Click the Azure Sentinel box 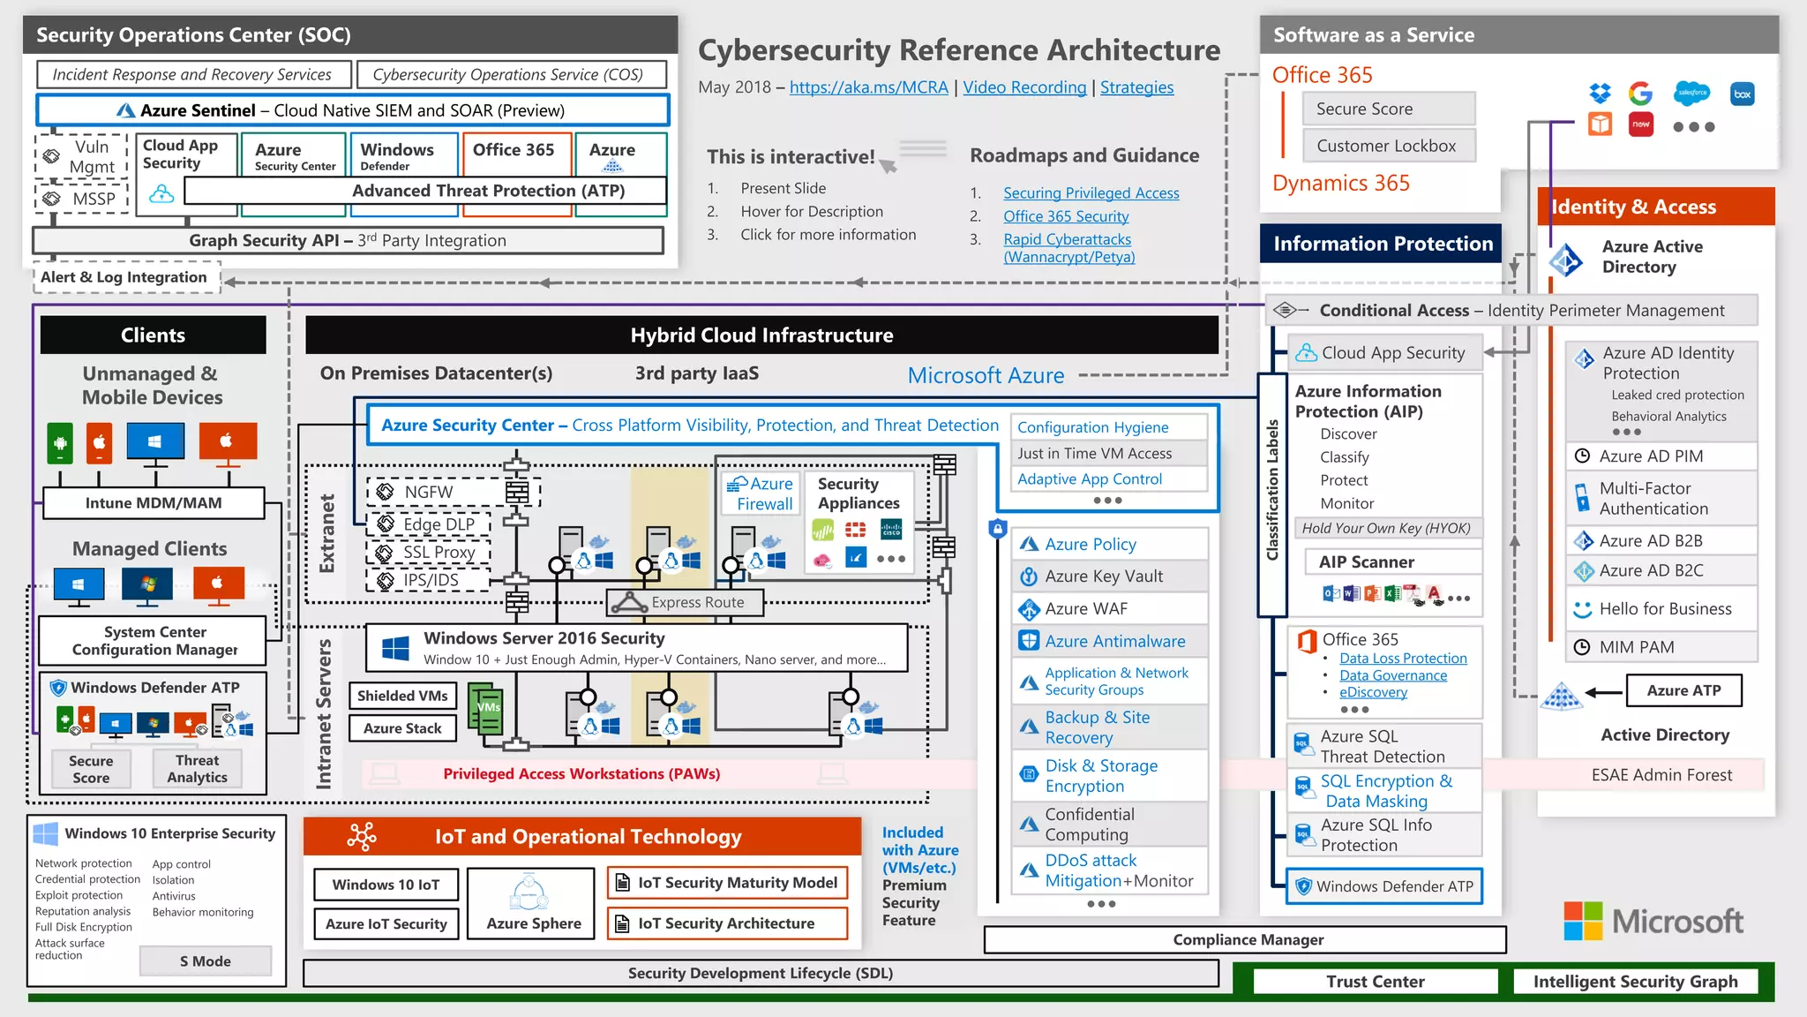click(353, 110)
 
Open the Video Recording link click(1024, 87)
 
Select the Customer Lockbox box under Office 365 click(1387, 146)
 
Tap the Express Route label click(697, 602)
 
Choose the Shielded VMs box click(403, 696)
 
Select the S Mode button click(206, 961)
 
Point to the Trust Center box click(1375, 982)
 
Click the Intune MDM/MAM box click(154, 503)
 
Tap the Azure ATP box click(1683, 690)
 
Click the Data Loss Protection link click(1403, 659)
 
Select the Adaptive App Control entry click(1090, 479)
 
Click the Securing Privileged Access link click(1091, 193)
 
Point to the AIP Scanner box click(1367, 562)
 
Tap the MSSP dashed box click(83, 199)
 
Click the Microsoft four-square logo click(1583, 921)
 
